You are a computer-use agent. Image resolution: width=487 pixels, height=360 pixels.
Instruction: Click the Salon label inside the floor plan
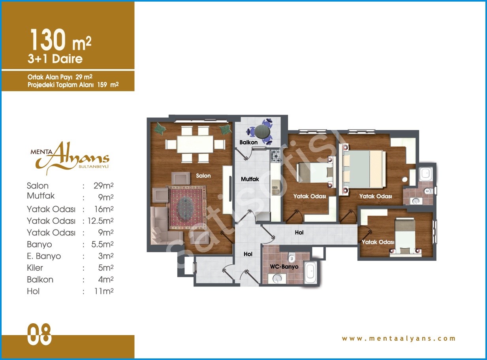click(203, 175)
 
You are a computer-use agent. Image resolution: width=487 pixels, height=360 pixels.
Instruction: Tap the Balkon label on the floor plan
click(248, 142)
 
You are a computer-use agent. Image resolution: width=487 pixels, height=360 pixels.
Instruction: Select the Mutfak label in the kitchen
click(250, 179)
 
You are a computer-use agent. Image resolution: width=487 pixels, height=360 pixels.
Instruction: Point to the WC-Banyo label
click(284, 267)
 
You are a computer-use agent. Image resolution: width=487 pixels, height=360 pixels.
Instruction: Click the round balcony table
click(262, 132)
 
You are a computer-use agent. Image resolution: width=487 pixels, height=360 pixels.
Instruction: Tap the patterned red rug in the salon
click(186, 207)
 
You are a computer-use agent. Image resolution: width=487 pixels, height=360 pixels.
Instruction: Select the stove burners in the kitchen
click(276, 156)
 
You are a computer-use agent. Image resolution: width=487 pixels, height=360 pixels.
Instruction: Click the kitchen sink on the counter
click(276, 187)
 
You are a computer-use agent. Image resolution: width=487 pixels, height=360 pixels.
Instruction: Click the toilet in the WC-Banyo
click(291, 257)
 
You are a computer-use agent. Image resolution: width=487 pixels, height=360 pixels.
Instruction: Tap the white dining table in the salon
click(195, 144)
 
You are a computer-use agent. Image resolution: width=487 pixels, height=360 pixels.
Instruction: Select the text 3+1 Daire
click(55, 59)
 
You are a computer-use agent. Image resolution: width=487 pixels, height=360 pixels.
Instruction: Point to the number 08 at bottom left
click(39, 334)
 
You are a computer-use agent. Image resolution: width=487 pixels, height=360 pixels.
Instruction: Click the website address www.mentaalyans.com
click(399, 338)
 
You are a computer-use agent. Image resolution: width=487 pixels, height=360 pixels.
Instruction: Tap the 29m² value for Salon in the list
click(103, 186)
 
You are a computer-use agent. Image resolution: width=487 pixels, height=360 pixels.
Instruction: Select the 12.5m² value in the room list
click(100, 221)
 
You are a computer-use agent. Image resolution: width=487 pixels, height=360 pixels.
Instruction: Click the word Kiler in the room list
click(35, 268)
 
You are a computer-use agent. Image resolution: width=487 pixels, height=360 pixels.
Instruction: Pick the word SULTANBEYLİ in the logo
click(94, 167)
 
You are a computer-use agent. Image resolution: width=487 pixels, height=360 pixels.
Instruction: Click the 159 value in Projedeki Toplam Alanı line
click(102, 85)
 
